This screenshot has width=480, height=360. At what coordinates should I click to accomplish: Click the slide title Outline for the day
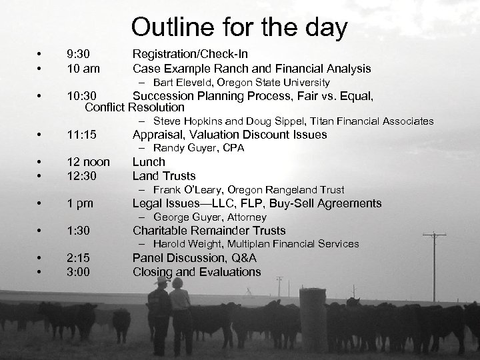click(x=239, y=28)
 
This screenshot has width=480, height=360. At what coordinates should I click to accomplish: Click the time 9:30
click(x=79, y=53)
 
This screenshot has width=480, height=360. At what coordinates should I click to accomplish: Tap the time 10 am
click(x=83, y=68)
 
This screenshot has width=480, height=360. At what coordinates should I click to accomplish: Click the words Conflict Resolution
click(x=135, y=107)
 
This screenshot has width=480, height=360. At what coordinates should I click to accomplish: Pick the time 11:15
click(x=83, y=135)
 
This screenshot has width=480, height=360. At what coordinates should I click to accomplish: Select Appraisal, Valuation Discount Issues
click(x=229, y=135)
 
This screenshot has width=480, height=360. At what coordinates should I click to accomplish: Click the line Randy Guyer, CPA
click(x=199, y=148)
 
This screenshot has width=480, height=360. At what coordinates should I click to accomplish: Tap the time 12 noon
click(x=89, y=162)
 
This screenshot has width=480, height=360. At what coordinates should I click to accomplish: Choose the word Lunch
click(x=149, y=162)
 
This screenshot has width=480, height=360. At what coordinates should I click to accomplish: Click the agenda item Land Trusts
click(x=164, y=176)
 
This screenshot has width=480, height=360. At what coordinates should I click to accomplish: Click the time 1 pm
click(x=81, y=203)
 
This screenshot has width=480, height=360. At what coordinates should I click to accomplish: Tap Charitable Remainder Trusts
click(x=209, y=231)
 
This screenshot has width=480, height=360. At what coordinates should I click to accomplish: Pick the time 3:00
click(x=79, y=272)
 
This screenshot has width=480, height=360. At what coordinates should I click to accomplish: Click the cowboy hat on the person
click(x=160, y=282)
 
